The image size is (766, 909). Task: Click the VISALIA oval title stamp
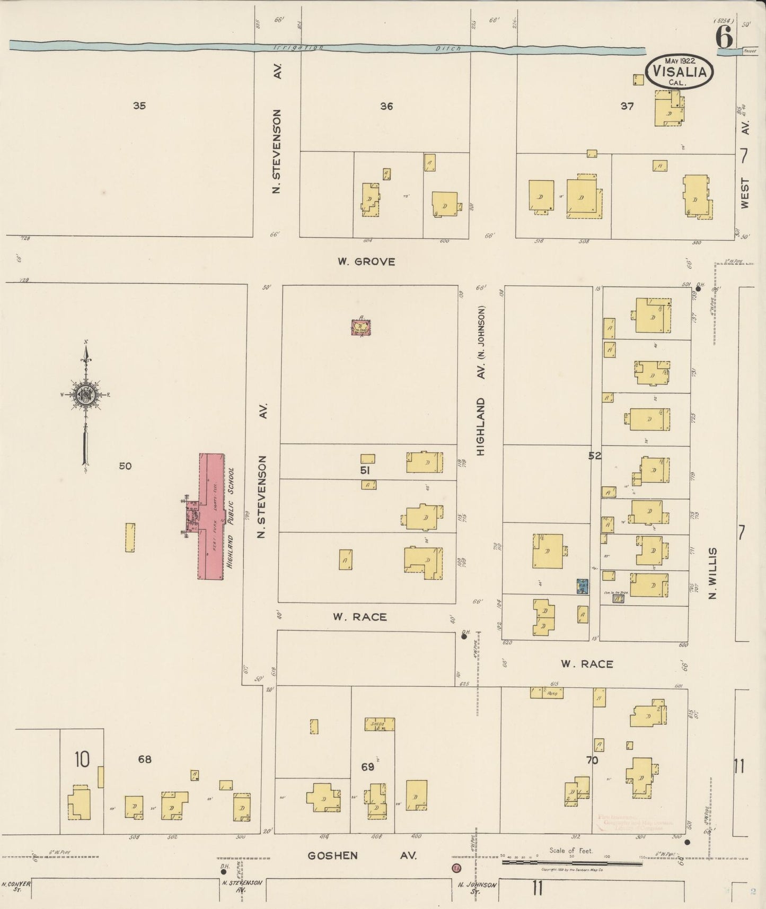click(680, 71)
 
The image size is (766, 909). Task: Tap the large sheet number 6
click(724, 37)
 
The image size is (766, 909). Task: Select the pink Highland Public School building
click(211, 516)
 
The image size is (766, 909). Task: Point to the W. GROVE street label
click(366, 261)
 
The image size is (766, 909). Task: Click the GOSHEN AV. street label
click(363, 855)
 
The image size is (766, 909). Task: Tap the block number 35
click(139, 106)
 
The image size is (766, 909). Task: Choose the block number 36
click(386, 106)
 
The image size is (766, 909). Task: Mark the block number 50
click(125, 466)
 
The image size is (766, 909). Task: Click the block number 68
click(145, 759)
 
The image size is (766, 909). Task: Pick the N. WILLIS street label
click(713, 574)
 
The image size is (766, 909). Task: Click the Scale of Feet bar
click(573, 863)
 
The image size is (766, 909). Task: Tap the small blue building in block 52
click(583, 586)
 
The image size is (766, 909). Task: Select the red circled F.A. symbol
click(456, 869)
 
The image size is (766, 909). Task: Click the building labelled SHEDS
click(379, 724)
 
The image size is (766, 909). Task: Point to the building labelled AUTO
click(547, 693)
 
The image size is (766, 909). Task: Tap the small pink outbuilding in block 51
click(361, 327)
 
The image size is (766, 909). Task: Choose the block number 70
click(592, 760)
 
